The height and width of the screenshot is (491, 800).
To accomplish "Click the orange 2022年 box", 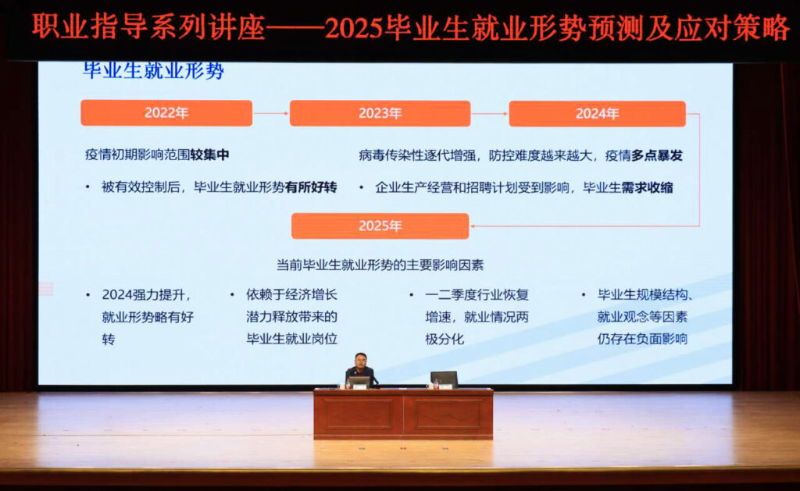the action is click(x=166, y=112).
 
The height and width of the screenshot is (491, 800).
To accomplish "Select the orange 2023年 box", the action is click(x=380, y=113).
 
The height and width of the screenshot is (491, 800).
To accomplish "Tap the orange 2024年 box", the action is click(x=598, y=114).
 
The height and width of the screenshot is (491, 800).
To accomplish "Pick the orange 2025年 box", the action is click(x=380, y=226).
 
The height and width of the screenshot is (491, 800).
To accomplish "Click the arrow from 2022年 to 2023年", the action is click(x=271, y=113).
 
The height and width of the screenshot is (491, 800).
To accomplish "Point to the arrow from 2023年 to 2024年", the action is click(x=490, y=114).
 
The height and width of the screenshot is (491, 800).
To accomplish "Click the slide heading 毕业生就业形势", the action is click(x=153, y=71).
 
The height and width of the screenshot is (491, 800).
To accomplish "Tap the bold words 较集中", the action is click(x=209, y=155).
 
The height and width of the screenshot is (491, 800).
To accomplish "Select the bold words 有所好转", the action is click(x=311, y=187).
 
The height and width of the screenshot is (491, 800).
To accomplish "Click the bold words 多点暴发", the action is click(x=656, y=155).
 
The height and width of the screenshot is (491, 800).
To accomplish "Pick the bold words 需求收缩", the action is click(x=647, y=187).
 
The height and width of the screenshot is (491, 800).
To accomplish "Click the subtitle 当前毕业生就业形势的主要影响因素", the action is click(x=380, y=265).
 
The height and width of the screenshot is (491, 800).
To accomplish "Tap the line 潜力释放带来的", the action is click(x=292, y=317).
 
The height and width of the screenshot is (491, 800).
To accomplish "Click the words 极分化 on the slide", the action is click(x=445, y=339).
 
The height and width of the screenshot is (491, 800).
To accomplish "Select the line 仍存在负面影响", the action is click(x=642, y=339).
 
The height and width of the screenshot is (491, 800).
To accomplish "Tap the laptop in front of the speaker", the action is click(x=359, y=382).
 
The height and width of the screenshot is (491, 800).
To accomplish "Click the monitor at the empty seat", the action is click(x=444, y=379).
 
